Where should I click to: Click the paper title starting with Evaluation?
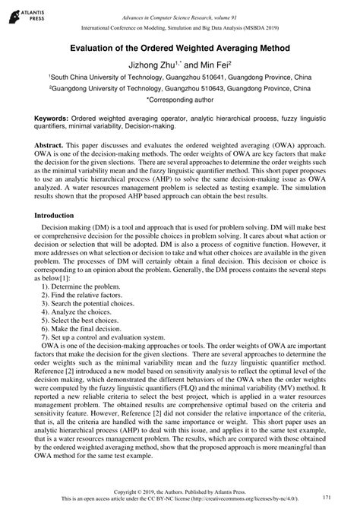180,46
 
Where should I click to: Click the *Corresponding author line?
180,100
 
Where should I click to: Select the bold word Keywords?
50,119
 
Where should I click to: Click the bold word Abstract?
51,143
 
